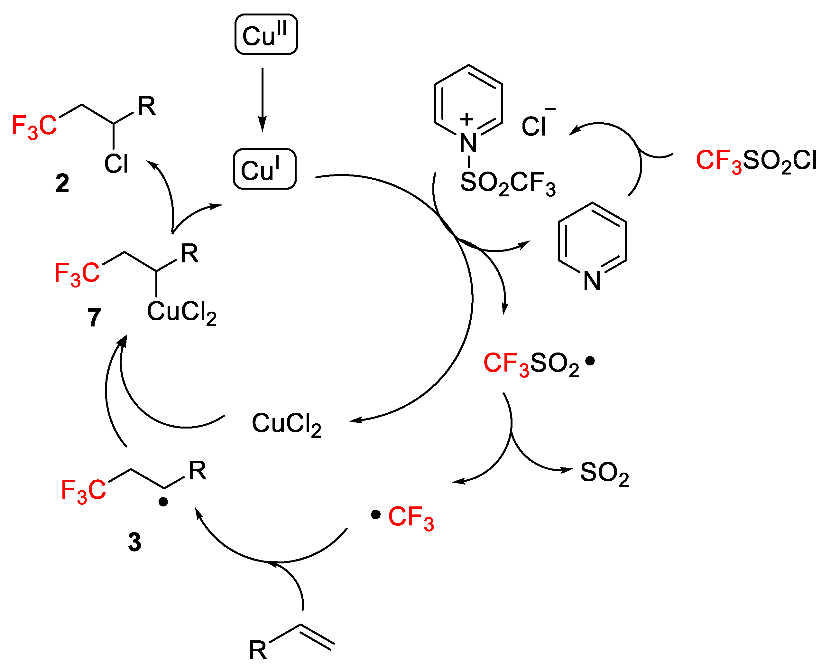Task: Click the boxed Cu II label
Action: click(266, 34)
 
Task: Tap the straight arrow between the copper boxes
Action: click(262, 100)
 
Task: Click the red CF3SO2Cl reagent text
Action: click(755, 161)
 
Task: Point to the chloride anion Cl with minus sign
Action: click(536, 125)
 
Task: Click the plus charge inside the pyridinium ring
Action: click(467, 119)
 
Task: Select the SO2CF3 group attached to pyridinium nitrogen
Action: click(507, 183)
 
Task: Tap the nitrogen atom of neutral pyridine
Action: click(592, 281)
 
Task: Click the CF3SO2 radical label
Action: click(532, 364)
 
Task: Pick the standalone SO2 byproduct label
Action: click(604, 473)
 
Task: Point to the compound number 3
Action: click(134, 542)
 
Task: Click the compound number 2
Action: click(62, 183)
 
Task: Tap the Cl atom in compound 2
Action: click(116, 164)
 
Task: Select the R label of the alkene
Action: click(258, 650)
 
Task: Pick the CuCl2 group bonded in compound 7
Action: click(181, 312)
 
